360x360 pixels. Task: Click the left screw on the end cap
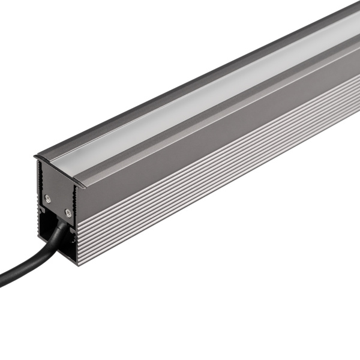pos(48,198)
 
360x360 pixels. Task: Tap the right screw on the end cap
pos(68,212)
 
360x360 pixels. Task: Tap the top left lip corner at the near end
pos(35,157)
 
